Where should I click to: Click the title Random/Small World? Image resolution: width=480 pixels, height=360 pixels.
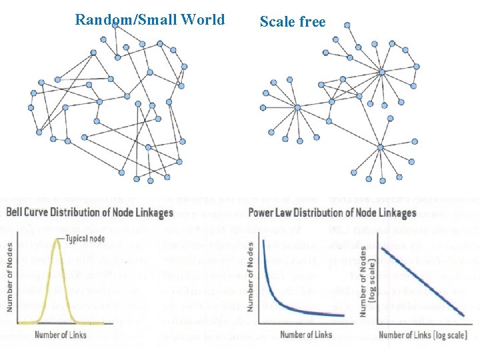tap(150, 19)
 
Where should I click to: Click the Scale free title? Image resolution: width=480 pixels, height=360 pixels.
tap(293, 22)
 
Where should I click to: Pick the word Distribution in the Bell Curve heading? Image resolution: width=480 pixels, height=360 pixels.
tap(93, 213)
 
